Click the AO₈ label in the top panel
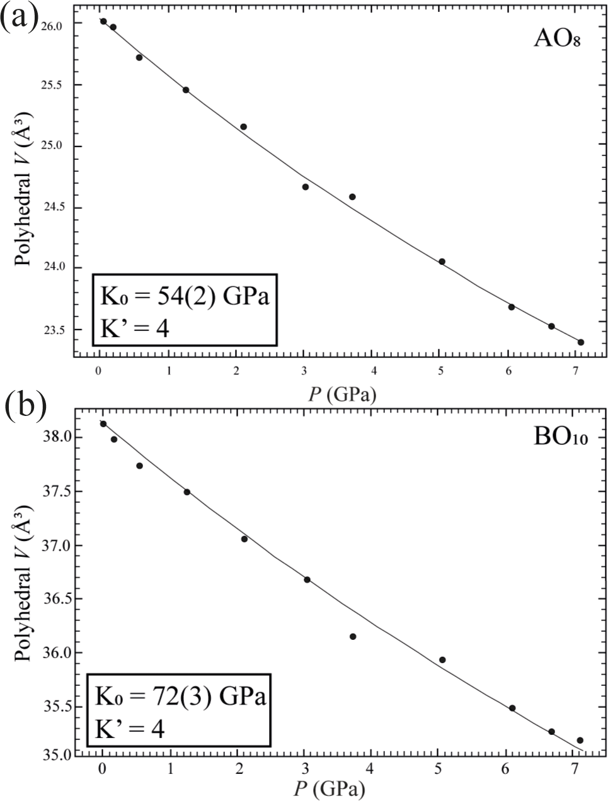pyautogui.click(x=556, y=38)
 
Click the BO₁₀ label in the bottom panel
pyautogui.click(x=560, y=436)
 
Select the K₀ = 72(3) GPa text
pyautogui.click(x=180, y=697)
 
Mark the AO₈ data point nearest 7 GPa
pyautogui.click(x=581, y=342)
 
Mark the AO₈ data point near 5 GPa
pyautogui.click(x=442, y=262)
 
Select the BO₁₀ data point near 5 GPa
pyautogui.click(x=442, y=659)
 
